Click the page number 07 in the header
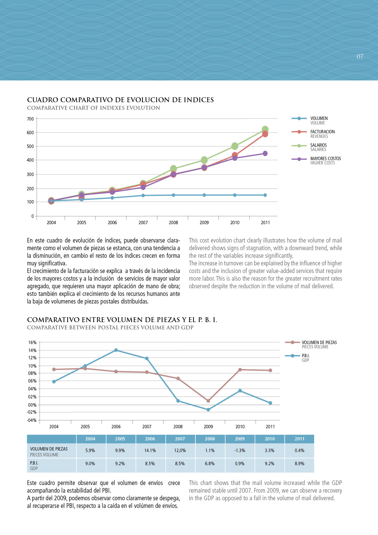coord(360,56)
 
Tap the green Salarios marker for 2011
coord(265,130)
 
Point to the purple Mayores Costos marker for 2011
coord(265,153)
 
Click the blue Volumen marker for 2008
coord(173,195)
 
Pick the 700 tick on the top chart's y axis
coord(30,119)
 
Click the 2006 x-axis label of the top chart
coord(112,223)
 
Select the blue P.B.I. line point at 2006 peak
coord(116,350)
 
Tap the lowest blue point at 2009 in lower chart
coord(208,410)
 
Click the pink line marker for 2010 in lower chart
coord(240,370)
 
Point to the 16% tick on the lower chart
coord(32,343)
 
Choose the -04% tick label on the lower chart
coord(32,420)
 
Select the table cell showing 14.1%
coord(150,451)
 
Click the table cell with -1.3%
coord(240,451)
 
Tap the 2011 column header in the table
coord(299,439)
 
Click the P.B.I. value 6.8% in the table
coord(210,464)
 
